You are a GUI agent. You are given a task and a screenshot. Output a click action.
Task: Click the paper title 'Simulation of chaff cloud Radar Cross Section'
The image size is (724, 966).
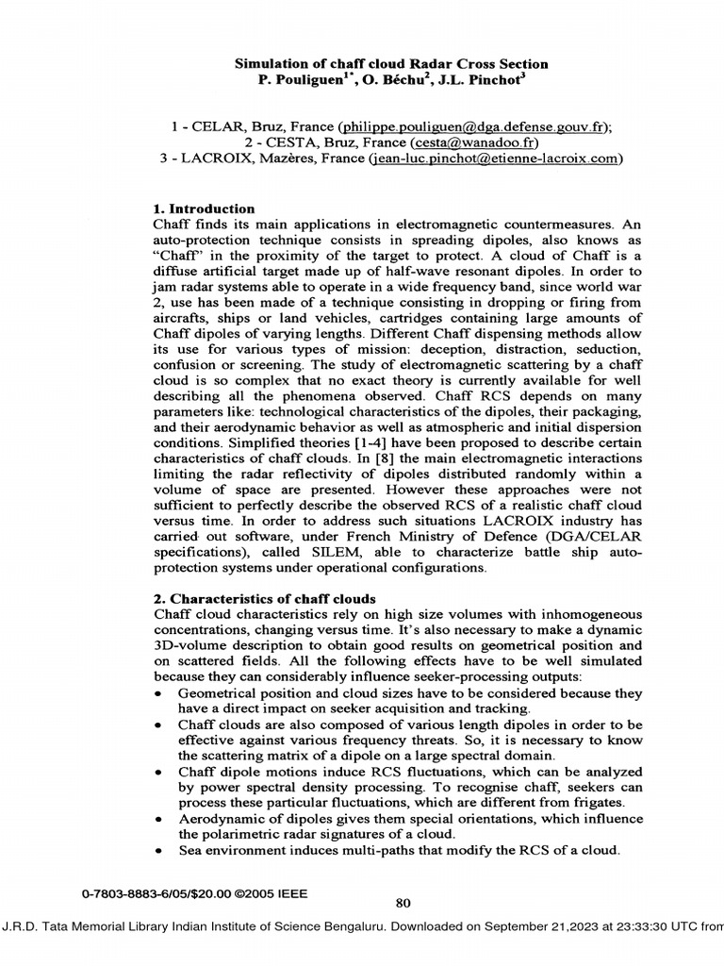tap(391, 64)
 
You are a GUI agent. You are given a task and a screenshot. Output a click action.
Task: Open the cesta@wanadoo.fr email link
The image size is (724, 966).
tap(479, 142)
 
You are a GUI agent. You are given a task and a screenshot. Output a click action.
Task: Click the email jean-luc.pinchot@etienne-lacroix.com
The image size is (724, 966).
tap(494, 159)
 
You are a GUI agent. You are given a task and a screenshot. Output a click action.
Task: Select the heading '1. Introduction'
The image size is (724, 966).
tap(204, 208)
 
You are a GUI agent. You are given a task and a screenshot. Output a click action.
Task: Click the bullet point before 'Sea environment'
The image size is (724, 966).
tap(156, 851)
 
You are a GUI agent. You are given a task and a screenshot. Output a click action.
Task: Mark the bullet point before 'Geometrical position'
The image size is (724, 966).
tap(156, 694)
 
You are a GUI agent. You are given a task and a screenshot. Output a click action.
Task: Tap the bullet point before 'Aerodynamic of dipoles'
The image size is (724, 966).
tap(156, 819)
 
